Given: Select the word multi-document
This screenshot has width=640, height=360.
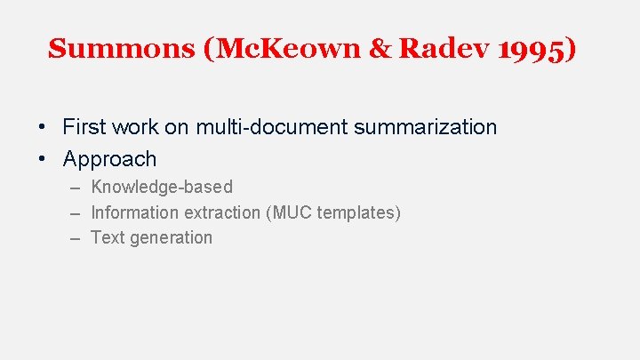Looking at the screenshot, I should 271,127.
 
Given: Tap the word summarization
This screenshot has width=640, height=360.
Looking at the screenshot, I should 426,127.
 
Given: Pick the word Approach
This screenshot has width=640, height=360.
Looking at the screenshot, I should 109,160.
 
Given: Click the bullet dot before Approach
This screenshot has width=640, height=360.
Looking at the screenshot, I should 43,160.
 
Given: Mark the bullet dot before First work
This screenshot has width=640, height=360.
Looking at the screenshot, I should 43,127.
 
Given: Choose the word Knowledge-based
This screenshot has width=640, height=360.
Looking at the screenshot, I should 162,187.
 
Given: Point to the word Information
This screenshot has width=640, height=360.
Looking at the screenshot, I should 134,212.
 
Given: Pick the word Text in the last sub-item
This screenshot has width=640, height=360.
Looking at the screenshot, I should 108,237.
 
